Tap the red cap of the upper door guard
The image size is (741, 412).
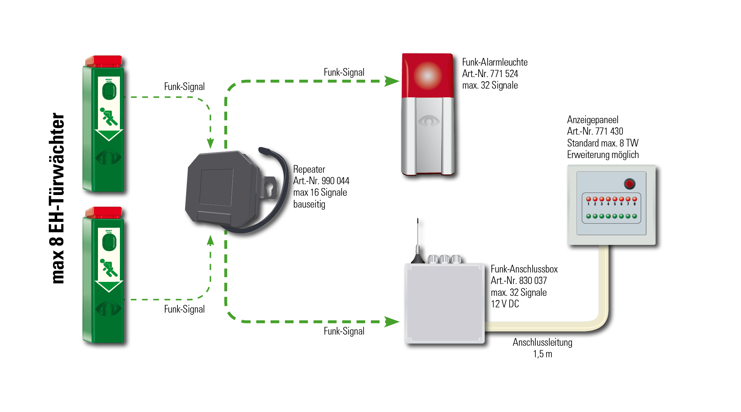coord(104,61)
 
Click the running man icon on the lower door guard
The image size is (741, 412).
coord(109,268)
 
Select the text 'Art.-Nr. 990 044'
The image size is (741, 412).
coord(321,181)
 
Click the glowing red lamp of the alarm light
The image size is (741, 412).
coord(428,75)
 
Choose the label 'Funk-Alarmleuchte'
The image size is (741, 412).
coord(495,62)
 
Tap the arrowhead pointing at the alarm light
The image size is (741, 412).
coord(392,81)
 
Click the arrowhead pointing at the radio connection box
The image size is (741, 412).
coord(392,322)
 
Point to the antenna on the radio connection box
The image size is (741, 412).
coord(418,241)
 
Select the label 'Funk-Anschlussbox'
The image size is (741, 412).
coord(524,269)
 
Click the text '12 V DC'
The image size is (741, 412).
coord(505,304)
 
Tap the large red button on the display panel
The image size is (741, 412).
coord(629,183)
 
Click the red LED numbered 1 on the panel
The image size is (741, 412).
coord(588,199)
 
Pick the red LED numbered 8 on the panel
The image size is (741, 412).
coord(635,199)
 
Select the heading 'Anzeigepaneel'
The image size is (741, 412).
coord(593,120)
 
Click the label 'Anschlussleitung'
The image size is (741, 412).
coord(542,342)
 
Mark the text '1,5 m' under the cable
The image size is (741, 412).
coord(542,354)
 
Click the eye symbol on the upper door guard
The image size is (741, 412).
coord(108,157)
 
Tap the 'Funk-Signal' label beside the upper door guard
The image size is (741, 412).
coord(184,87)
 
